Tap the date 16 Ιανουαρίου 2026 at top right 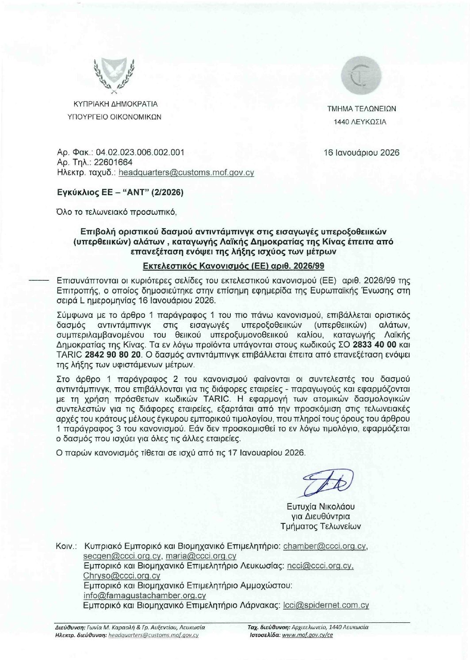[x=361, y=153]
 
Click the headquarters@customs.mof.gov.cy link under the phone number [x=186, y=172]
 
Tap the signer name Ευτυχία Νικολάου [x=320, y=507]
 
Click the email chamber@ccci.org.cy [x=325, y=546]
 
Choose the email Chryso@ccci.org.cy [x=122, y=576]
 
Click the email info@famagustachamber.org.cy [x=145, y=595]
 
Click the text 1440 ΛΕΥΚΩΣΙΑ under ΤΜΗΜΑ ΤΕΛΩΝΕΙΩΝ [x=360, y=122]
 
